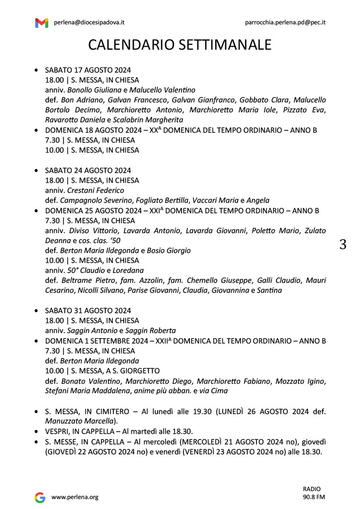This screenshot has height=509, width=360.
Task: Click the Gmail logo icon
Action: (42, 22)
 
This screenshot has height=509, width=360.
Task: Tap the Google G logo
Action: (40, 497)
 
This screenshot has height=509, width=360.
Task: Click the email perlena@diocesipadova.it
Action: (89, 22)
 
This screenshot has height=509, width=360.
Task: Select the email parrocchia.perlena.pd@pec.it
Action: (285, 22)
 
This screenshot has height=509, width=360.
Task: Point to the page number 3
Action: (343, 245)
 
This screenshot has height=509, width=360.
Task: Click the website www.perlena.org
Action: (75, 497)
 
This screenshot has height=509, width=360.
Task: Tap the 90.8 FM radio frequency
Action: (314, 497)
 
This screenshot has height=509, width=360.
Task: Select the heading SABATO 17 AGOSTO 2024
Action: (88, 70)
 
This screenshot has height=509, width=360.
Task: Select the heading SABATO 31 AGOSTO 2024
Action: (88, 311)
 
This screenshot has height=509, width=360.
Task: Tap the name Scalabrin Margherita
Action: (148, 120)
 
